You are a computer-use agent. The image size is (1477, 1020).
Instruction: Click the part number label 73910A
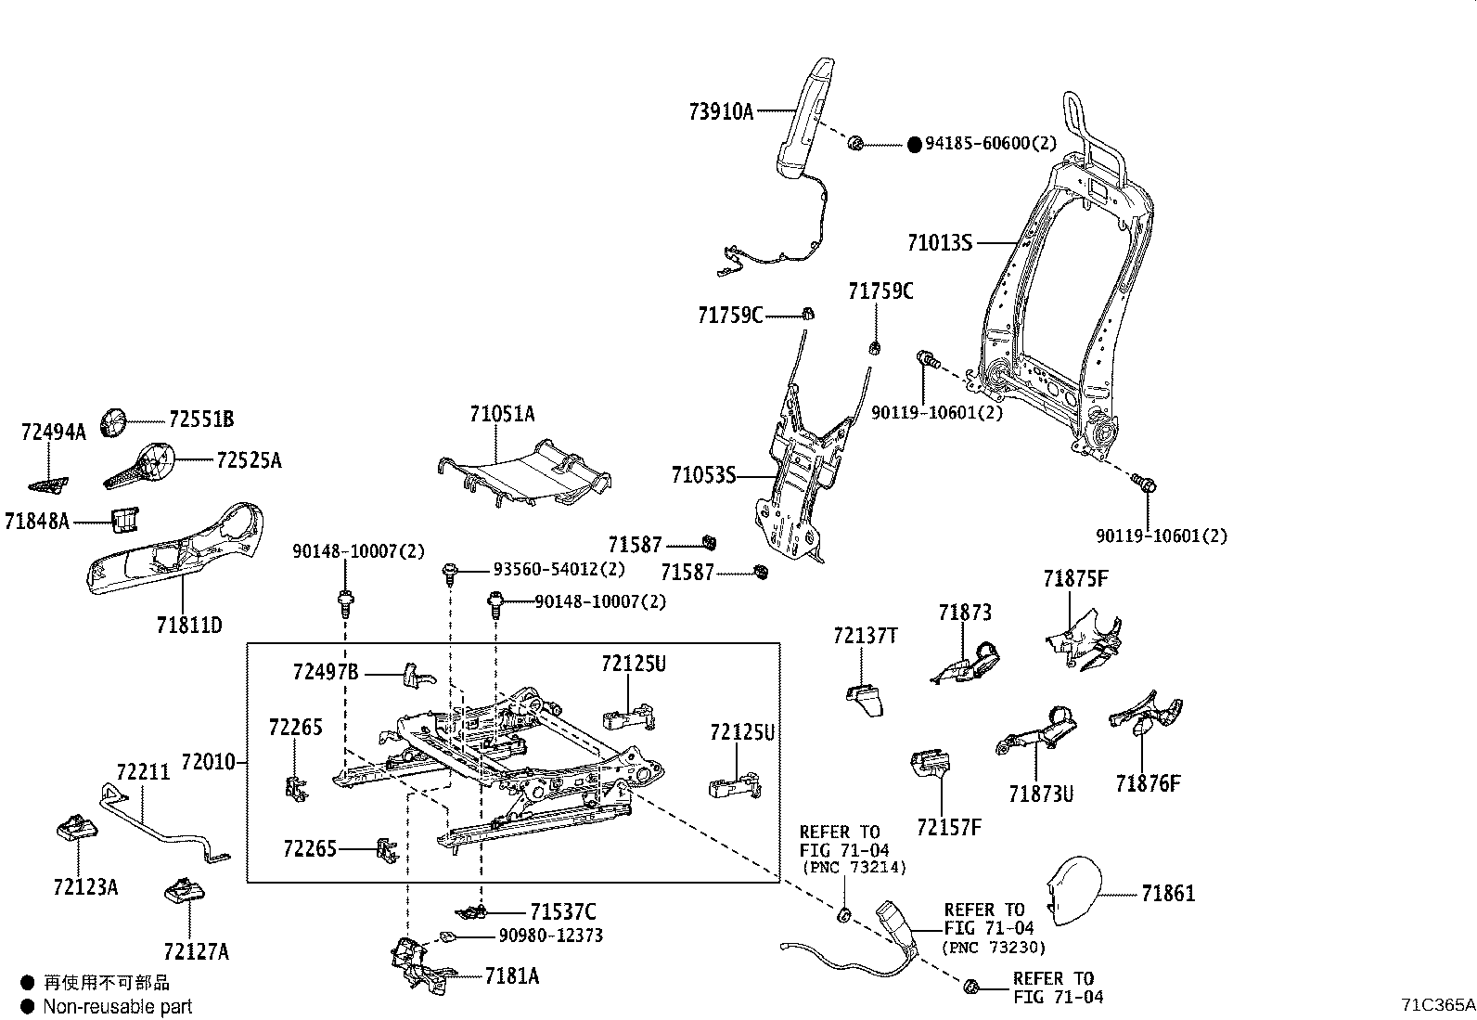coord(721,112)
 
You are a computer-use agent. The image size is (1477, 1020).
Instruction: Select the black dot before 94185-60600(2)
coord(914,144)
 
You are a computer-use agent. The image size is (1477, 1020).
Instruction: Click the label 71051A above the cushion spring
coord(502,414)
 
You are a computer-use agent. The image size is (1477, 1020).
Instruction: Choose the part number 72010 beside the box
coord(208,763)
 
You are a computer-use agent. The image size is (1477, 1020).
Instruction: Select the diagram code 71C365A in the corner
coord(1437,1003)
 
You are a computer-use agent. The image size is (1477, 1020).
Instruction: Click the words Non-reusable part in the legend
coord(117,1006)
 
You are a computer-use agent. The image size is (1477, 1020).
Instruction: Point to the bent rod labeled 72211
coord(158,826)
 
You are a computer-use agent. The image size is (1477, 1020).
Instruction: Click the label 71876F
coord(1148,784)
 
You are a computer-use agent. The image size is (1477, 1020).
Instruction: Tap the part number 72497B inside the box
coord(325,672)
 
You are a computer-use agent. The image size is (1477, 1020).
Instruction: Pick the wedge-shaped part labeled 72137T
coord(865,700)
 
